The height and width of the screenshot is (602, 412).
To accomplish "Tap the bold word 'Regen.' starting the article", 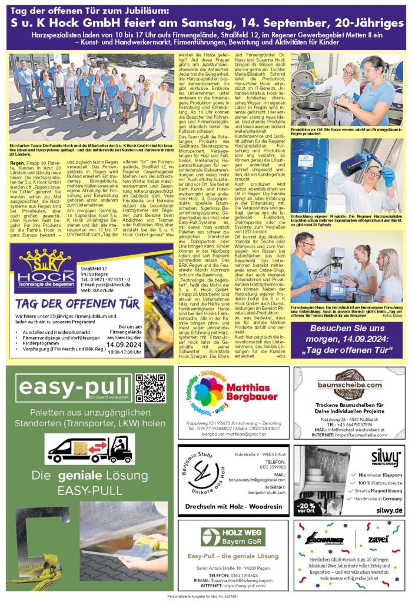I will pyautogui.click(x=16, y=160).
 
